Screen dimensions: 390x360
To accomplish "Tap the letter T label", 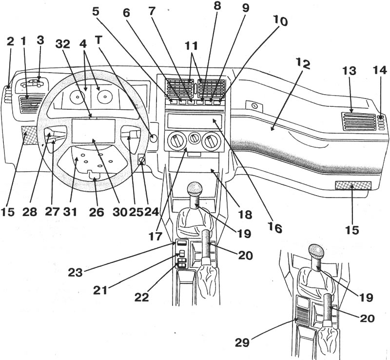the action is (98, 40).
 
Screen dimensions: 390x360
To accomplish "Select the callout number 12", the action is (303, 64).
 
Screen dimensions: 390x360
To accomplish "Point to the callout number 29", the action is (242, 342).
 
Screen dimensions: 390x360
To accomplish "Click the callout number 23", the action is (76, 272).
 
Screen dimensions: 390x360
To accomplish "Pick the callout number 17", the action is (156, 236).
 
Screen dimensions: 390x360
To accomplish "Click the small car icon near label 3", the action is (32, 83).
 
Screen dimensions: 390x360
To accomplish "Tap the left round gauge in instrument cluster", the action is (77, 97).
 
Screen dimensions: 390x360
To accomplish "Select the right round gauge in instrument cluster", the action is (104, 96).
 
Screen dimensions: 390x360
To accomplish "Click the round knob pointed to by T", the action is (154, 138).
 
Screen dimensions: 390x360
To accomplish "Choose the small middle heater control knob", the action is (194, 139).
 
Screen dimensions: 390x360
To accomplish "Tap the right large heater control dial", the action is (212, 141).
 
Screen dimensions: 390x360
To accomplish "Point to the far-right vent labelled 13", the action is (358, 121).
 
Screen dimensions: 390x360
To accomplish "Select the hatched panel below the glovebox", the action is (353, 185).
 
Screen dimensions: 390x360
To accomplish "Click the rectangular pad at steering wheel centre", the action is (93, 131).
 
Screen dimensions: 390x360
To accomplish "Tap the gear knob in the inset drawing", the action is (316, 252).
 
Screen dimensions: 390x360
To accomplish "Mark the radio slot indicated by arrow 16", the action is (195, 120).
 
